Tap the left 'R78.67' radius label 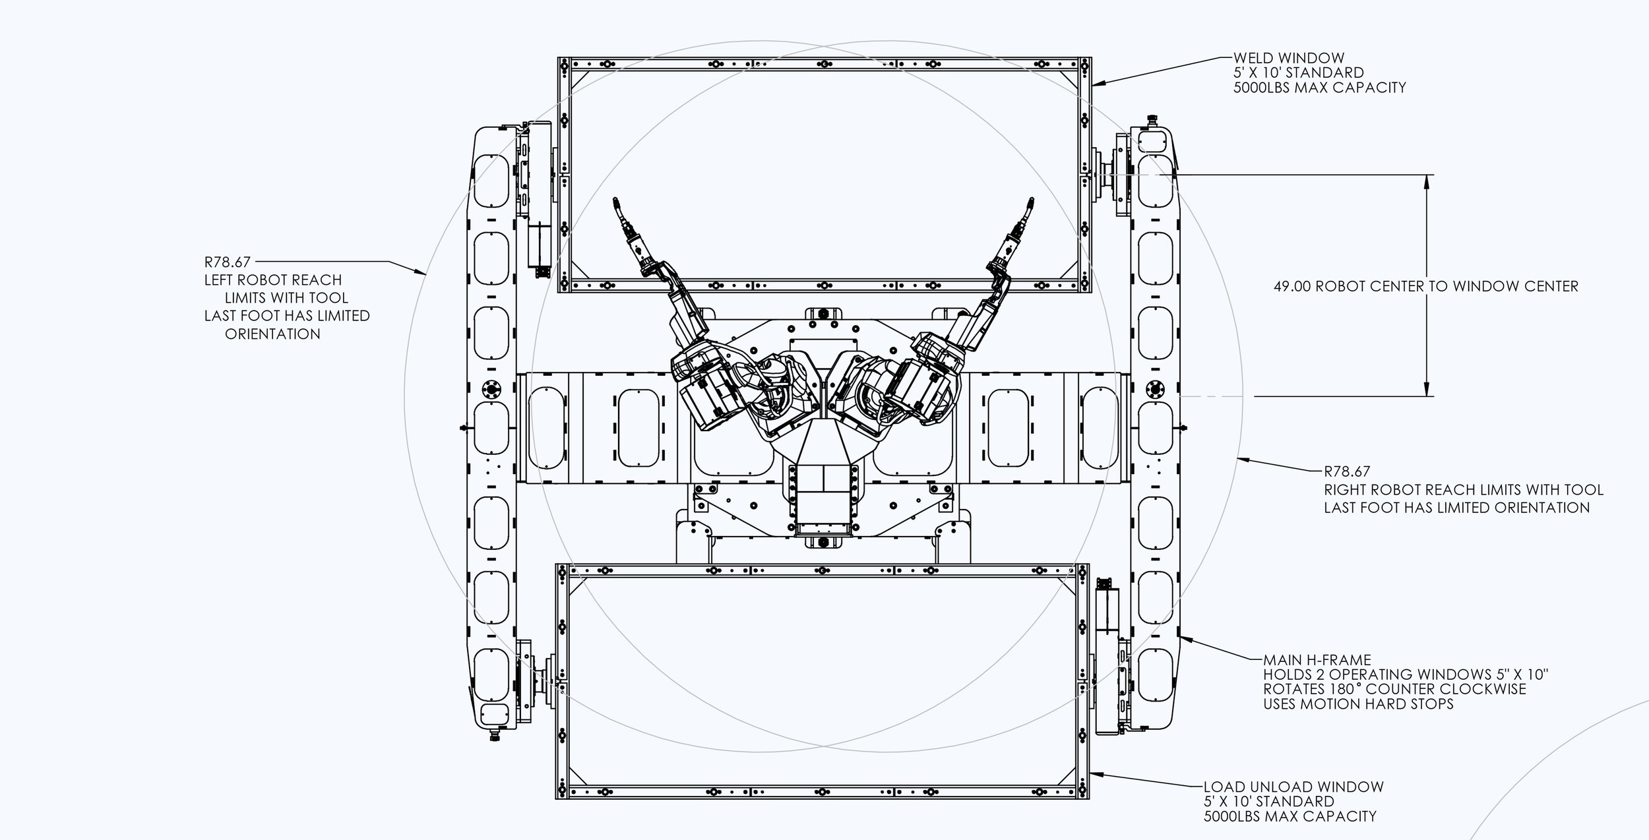[x=227, y=262]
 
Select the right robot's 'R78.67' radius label [x=1347, y=471]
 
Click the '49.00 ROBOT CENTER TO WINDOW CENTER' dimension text [x=1425, y=286]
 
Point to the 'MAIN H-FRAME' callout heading [x=1317, y=660]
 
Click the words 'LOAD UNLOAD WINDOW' [x=1293, y=787]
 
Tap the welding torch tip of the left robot [x=615, y=200]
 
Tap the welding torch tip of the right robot [x=1029, y=200]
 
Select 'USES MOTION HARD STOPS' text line [x=1357, y=704]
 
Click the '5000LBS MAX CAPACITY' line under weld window [x=1319, y=87]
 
